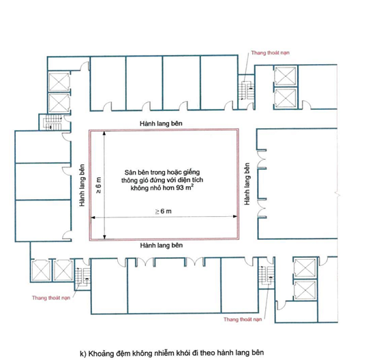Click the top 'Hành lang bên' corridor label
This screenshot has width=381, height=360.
(x=161, y=123)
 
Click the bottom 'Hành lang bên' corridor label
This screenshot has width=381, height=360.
(x=162, y=245)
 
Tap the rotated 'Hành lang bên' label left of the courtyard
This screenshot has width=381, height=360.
(x=82, y=185)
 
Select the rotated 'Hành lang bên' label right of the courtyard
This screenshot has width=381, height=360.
(x=247, y=184)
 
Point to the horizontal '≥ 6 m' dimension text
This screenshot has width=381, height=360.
(x=164, y=211)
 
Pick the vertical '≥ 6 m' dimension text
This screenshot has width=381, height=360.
(x=98, y=185)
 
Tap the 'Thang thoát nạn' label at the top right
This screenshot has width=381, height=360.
(x=270, y=52)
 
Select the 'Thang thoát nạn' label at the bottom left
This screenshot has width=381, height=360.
(x=51, y=298)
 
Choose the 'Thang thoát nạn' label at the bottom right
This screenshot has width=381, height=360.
(x=243, y=319)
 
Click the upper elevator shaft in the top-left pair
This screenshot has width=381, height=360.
(x=59, y=82)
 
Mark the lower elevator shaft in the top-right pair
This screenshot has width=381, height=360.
(x=286, y=98)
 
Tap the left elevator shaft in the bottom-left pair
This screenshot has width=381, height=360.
(x=41, y=270)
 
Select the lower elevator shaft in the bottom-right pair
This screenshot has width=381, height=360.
(x=305, y=290)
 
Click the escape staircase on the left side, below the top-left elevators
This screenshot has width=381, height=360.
(x=53, y=122)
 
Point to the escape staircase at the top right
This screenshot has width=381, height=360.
(x=247, y=91)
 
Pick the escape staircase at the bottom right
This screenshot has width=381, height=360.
(x=266, y=275)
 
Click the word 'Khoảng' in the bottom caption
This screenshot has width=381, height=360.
(x=97, y=353)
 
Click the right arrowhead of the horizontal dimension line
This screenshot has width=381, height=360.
(x=235, y=216)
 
